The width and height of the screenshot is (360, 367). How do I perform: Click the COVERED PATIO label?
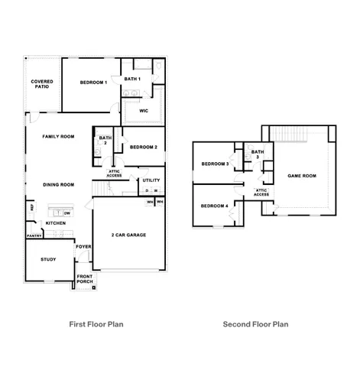click(x=41, y=84)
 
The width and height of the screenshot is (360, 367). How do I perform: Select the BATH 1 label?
click(x=132, y=80)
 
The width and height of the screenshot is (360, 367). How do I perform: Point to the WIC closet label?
click(x=144, y=111)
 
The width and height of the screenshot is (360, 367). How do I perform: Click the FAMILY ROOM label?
click(x=58, y=136)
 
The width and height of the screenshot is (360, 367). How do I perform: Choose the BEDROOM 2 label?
click(x=144, y=147)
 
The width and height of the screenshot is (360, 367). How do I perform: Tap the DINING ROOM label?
click(x=58, y=184)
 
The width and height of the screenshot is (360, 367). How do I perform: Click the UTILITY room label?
click(x=151, y=180)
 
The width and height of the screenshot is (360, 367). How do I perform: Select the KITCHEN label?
click(x=55, y=223)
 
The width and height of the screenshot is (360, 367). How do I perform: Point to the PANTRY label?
click(x=34, y=236)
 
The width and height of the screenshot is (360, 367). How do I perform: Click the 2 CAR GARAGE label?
click(x=128, y=235)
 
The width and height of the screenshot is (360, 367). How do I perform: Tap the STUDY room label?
click(x=47, y=259)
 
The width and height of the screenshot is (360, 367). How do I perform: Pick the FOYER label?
click(x=83, y=247)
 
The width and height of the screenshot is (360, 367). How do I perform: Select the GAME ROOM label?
click(x=301, y=176)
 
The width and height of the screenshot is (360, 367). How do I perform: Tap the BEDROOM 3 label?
click(x=215, y=164)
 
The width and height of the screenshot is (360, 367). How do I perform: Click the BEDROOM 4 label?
click(x=214, y=206)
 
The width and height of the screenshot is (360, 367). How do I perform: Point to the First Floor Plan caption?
click(x=96, y=324)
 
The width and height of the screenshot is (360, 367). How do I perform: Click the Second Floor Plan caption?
click(x=255, y=324)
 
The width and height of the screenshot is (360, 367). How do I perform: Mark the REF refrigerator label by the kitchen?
click(x=32, y=206)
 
